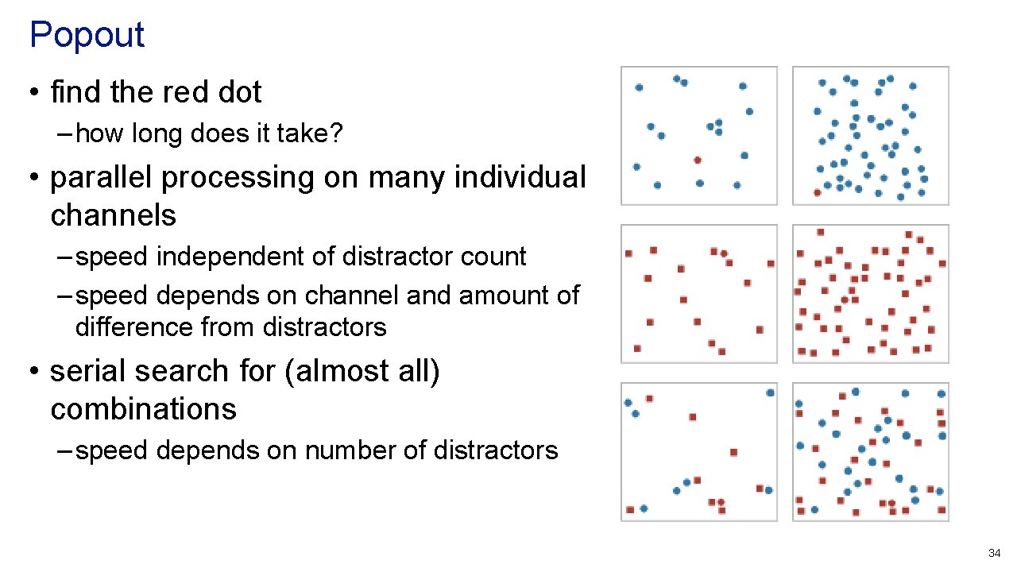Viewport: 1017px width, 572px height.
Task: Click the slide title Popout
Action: click(x=87, y=35)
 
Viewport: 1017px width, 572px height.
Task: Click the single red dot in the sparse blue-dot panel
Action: click(x=698, y=160)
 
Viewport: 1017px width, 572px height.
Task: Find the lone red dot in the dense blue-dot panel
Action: click(x=818, y=192)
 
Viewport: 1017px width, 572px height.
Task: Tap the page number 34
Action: click(x=994, y=552)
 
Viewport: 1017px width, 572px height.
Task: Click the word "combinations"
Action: click(x=143, y=409)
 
